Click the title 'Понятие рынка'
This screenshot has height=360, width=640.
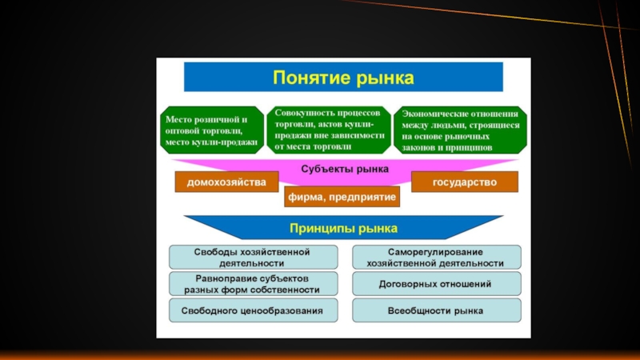[x=343, y=78]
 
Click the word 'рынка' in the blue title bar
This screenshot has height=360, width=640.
[x=388, y=78]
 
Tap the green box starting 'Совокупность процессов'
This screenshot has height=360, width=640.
[x=330, y=128]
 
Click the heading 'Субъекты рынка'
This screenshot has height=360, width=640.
[x=345, y=169]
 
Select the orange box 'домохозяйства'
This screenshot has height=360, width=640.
[x=226, y=182]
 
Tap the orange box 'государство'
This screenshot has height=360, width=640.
[x=464, y=182]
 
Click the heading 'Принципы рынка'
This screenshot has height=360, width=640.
[x=345, y=228]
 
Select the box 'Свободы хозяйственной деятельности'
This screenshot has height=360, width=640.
[x=251, y=257]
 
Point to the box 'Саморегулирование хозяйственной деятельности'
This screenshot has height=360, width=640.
[x=435, y=257]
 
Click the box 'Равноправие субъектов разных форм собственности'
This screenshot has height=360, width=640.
[x=251, y=283]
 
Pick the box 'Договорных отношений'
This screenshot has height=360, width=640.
[x=435, y=283]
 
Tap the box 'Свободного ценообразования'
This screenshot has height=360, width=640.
[x=251, y=310]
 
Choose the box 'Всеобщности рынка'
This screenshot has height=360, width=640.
[x=435, y=310]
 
